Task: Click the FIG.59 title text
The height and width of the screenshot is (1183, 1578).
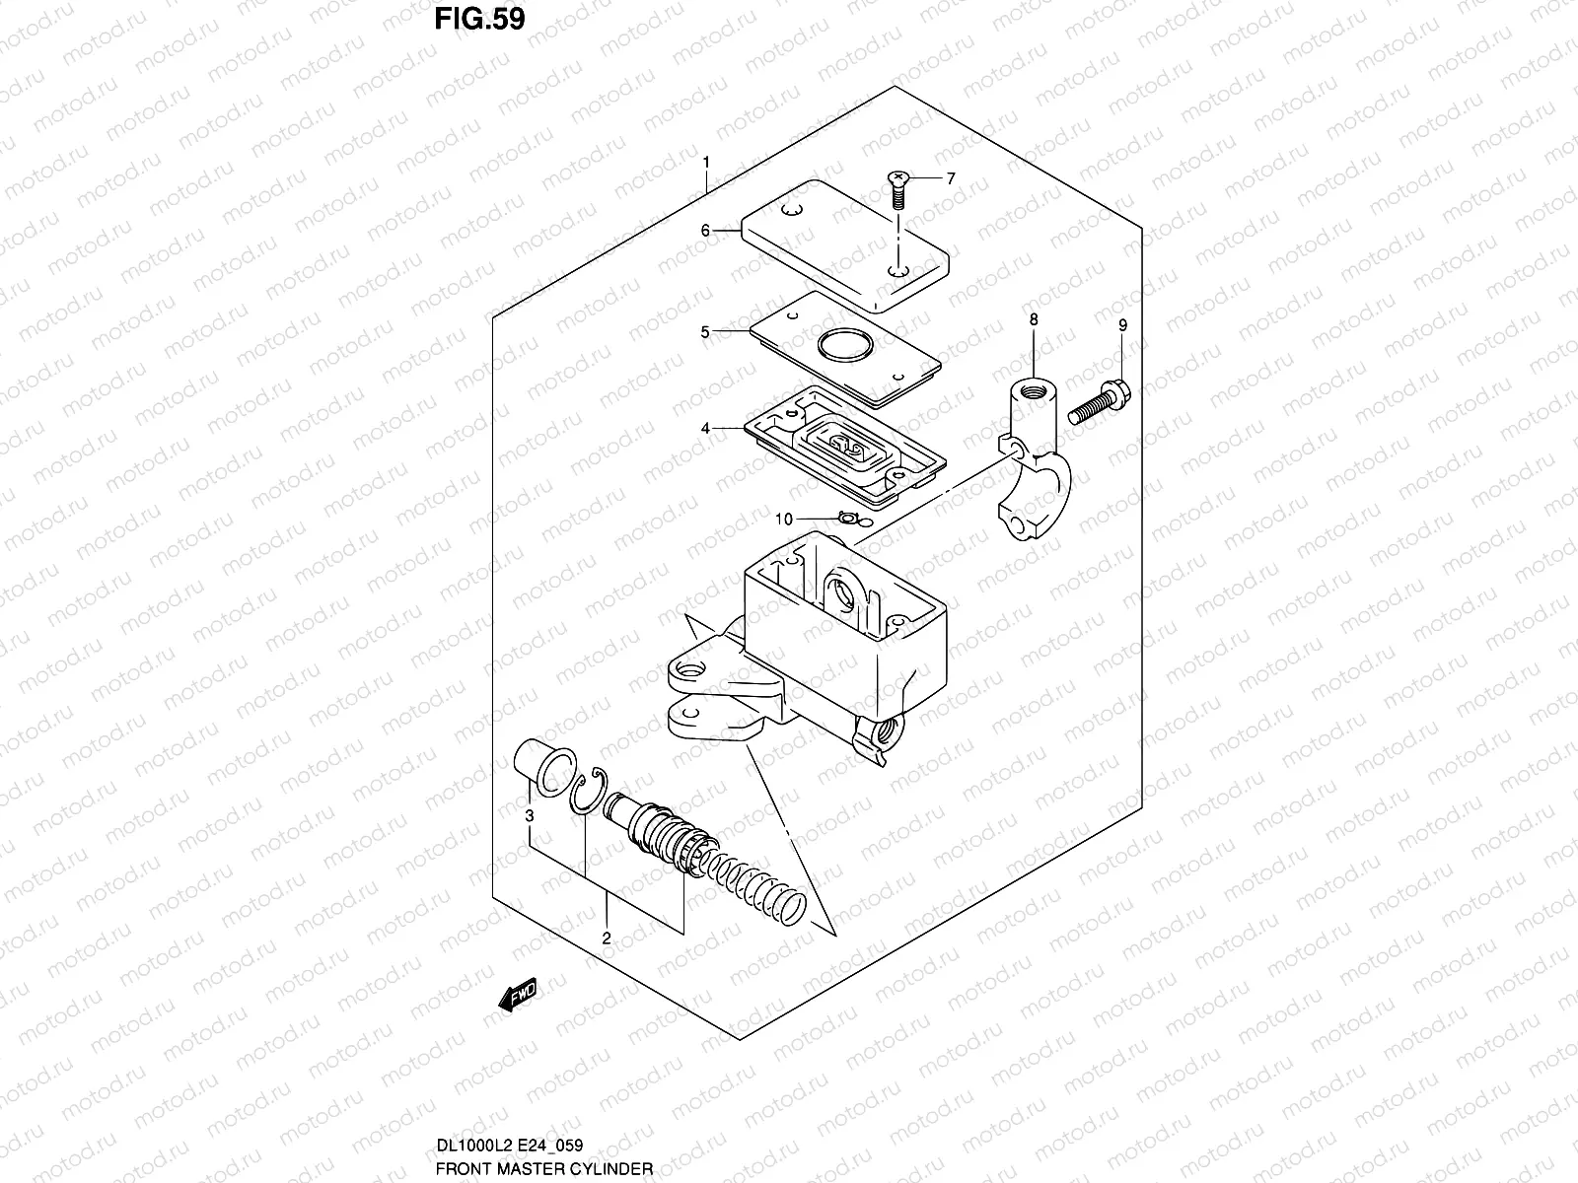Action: coord(481,19)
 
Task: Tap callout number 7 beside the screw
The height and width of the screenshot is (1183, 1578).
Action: coord(951,179)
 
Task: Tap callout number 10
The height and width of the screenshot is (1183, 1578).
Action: coord(783,519)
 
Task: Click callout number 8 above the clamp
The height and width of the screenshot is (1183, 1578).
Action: coord(1033,319)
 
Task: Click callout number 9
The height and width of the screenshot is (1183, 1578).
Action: coord(1121,324)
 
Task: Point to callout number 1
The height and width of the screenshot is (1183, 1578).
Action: coord(706,162)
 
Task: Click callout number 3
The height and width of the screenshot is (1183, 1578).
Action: coord(529,815)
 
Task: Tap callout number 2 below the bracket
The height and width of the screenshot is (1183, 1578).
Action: coord(606,938)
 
